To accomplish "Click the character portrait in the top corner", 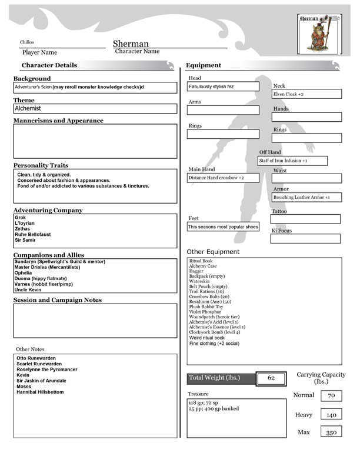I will tap(318, 34).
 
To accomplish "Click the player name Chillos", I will tap(28, 42).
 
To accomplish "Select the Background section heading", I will tap(32, 78).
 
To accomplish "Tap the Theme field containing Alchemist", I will tap(95, 108).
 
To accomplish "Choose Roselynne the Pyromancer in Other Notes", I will tap(47, 370).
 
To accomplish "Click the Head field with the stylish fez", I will tap(223, 86).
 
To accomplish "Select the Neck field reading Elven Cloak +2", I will tap(306, 94).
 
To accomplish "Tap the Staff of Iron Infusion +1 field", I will tap(292, 161).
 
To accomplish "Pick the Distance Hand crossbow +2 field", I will tap(223, 177).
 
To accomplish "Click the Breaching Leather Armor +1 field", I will tap(306, 197).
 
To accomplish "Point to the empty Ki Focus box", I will tap(305, 238).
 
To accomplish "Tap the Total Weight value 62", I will tap(271, 378).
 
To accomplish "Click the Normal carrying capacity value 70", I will tap(331, 396).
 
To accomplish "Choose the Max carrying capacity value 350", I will tap(331, 432).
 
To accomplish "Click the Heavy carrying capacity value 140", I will tap(331, 414).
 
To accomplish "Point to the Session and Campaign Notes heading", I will tap(58, 300).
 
